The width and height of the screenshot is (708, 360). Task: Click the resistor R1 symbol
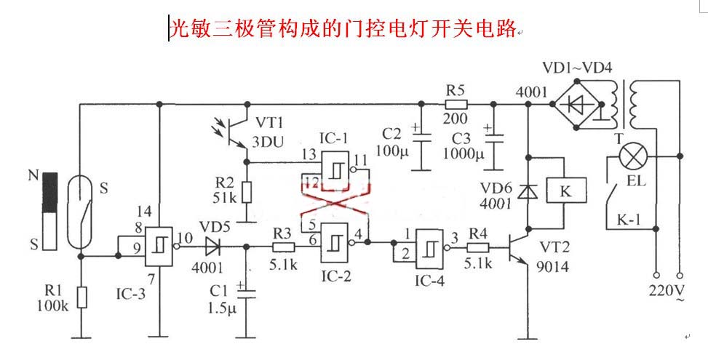[81, 297]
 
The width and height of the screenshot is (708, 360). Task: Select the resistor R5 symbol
[455, 104]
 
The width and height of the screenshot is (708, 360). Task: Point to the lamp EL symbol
[632, 156]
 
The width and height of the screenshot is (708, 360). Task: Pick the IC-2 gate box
[334, 239]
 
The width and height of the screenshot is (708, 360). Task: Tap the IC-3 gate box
[158, 247]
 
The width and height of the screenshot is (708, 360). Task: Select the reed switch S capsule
[79, 216]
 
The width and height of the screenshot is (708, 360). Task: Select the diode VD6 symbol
[527, 192]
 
